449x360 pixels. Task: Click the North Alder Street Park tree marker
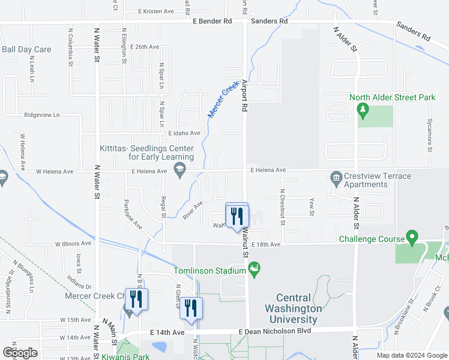(x=362, y=109)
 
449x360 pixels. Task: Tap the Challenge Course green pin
(x=412, y=238)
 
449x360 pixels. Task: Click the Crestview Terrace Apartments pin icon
(x=336, y=177)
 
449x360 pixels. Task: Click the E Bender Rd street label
(x=212, y=21)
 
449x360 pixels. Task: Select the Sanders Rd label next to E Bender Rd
(x=269, y=21)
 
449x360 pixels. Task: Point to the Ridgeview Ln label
(x=41, y=115)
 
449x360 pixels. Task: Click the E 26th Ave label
(x=142, y=46)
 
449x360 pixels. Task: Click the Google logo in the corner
(x=20, y=353)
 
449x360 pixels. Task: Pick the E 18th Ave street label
(x=266, y=244)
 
